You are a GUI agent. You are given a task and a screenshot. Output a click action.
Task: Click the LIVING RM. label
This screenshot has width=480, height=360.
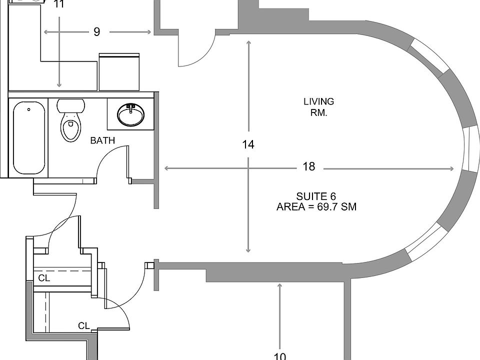(318, 107)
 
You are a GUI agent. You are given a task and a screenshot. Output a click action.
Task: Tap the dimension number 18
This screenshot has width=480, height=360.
(309, 166)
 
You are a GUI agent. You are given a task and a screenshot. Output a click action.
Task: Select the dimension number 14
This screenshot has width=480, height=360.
(248, 144)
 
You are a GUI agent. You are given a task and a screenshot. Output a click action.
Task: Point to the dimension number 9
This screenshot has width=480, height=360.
(96, 32)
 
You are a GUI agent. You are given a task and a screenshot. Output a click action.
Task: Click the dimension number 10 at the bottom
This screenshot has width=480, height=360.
(280, 355)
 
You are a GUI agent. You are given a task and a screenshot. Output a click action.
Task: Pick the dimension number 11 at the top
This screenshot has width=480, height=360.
(59, 5)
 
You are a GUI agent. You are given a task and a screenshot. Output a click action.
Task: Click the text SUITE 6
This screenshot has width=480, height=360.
(316, 196)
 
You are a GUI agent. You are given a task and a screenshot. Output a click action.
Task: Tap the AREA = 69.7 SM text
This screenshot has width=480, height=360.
(316, 206)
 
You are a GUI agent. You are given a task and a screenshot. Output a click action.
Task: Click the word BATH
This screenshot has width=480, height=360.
(102, 140)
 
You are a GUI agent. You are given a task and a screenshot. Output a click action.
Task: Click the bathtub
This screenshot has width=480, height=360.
(29, 137)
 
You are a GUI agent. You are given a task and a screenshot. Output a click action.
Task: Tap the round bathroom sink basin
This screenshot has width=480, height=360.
(131, 114)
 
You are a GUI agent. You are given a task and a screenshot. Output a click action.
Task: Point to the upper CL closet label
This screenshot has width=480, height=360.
(44, 278)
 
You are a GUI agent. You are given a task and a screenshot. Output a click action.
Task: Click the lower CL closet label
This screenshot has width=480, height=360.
(83, 326)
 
